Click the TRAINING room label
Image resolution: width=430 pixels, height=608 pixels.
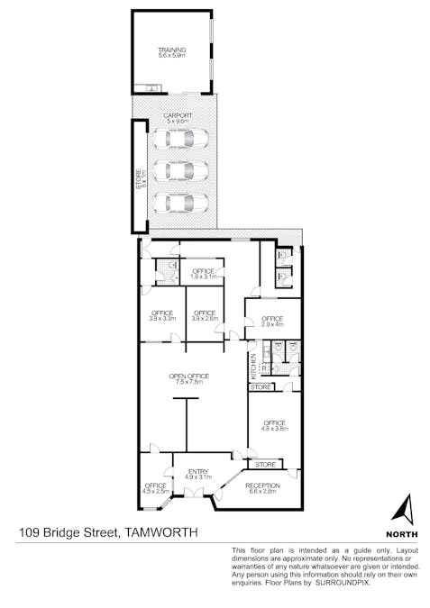click(x=171, y=52)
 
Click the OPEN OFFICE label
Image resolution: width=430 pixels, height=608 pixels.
click(x=188, y=378)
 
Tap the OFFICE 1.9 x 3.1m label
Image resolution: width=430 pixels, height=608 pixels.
click(x=203, y=273)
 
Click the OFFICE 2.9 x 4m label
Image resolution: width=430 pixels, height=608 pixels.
click(x=273, y=321)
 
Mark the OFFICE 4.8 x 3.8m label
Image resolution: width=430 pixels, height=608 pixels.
click(x=275, y=425)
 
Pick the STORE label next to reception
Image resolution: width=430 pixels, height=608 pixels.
click(x=265, y=465)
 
